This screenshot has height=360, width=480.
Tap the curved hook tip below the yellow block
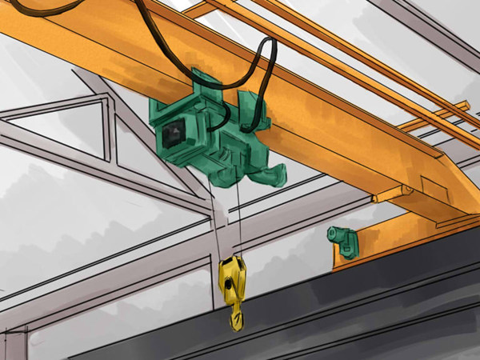click(x=237, y=322)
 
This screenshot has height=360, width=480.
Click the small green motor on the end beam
click(x=344, y=242)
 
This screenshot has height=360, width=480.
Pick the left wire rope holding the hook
click(x=214, y=216)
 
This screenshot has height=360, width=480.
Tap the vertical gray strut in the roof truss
click(x=107, y=128)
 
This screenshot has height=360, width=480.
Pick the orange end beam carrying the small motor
click(x=400, y=232)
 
